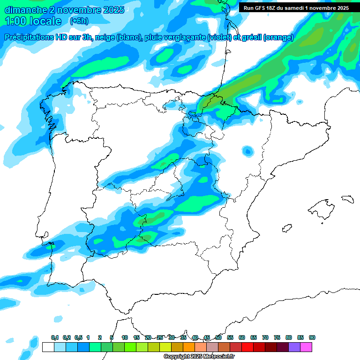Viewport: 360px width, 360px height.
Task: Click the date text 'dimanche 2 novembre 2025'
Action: tap(64, 10)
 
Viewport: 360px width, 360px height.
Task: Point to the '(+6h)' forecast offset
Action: tap(81, 21)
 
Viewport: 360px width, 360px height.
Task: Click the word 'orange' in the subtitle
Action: tap(279, 37)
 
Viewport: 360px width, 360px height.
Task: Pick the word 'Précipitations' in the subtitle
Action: tap(29, 37)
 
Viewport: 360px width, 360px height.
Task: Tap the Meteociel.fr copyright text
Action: tap(199, 357)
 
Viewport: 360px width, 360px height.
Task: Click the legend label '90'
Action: tap(312, 337)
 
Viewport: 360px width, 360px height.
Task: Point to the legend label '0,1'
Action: tap(54, 337)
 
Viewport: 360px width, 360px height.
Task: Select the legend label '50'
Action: tap(218, 337)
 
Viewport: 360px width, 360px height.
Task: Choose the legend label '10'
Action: tap(125, 337)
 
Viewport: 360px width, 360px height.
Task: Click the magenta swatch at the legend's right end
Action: tap(306, 347)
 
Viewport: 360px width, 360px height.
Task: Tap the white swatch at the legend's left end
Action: tap(48, 347)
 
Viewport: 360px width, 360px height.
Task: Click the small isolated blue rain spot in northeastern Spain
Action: tap(247, 151)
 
